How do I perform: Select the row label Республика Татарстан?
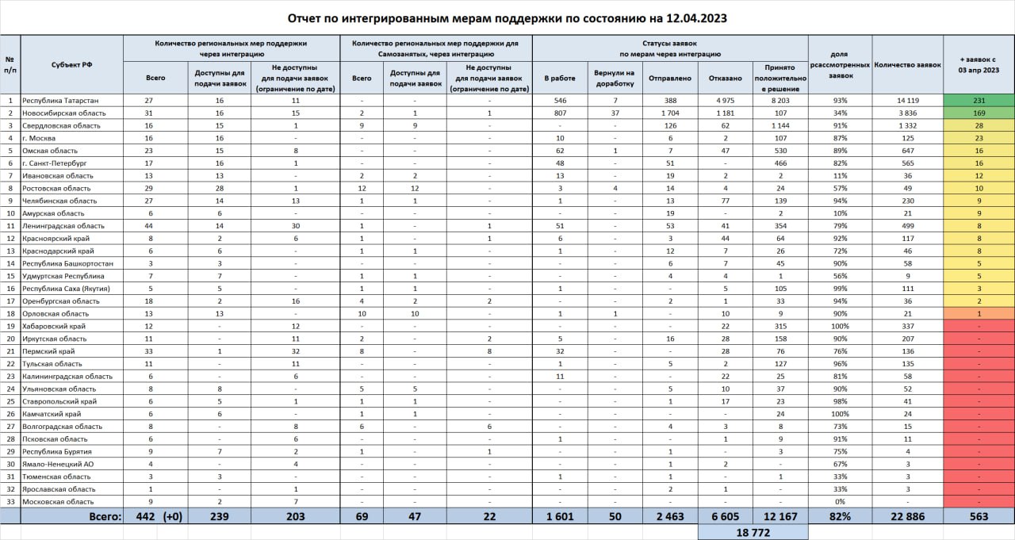click(60, 101)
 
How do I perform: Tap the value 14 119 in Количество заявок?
click(907, 101)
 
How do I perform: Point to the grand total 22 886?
click(907, 516)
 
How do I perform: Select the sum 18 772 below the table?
click(753, 533)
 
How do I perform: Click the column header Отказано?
click(727, 79)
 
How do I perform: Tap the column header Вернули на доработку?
click(614, 79)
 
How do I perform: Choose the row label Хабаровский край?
click(54, 326)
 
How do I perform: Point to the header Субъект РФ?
click(71, 65)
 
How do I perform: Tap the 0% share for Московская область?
click(840, 502)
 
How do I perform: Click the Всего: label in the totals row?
click(105, 516)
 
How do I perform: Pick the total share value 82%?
click(840, 516)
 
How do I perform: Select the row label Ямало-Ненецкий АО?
click(59, 464)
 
